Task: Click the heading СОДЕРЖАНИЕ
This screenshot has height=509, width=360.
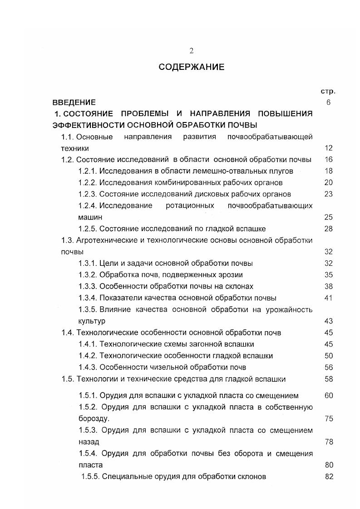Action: coord(192,67)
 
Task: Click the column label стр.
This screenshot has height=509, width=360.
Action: coord(328,91)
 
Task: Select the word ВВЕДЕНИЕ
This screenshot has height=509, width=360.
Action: coord(74,103)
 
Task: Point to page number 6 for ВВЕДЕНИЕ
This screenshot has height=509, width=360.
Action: coord(328,103)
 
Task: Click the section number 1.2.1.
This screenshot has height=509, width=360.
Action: coord(88,171)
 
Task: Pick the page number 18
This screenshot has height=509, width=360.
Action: coord(329,171)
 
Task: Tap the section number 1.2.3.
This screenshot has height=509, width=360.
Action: coord(88,194)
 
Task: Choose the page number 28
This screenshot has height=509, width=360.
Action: coord(329,229)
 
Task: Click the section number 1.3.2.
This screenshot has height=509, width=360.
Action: coord(88,275)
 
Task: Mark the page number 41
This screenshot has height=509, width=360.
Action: coord(329,298)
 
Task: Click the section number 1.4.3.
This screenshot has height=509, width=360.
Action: coord(88,367)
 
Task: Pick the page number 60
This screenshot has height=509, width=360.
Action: coord(329,396)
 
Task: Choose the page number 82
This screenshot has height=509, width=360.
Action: coord(329,477)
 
